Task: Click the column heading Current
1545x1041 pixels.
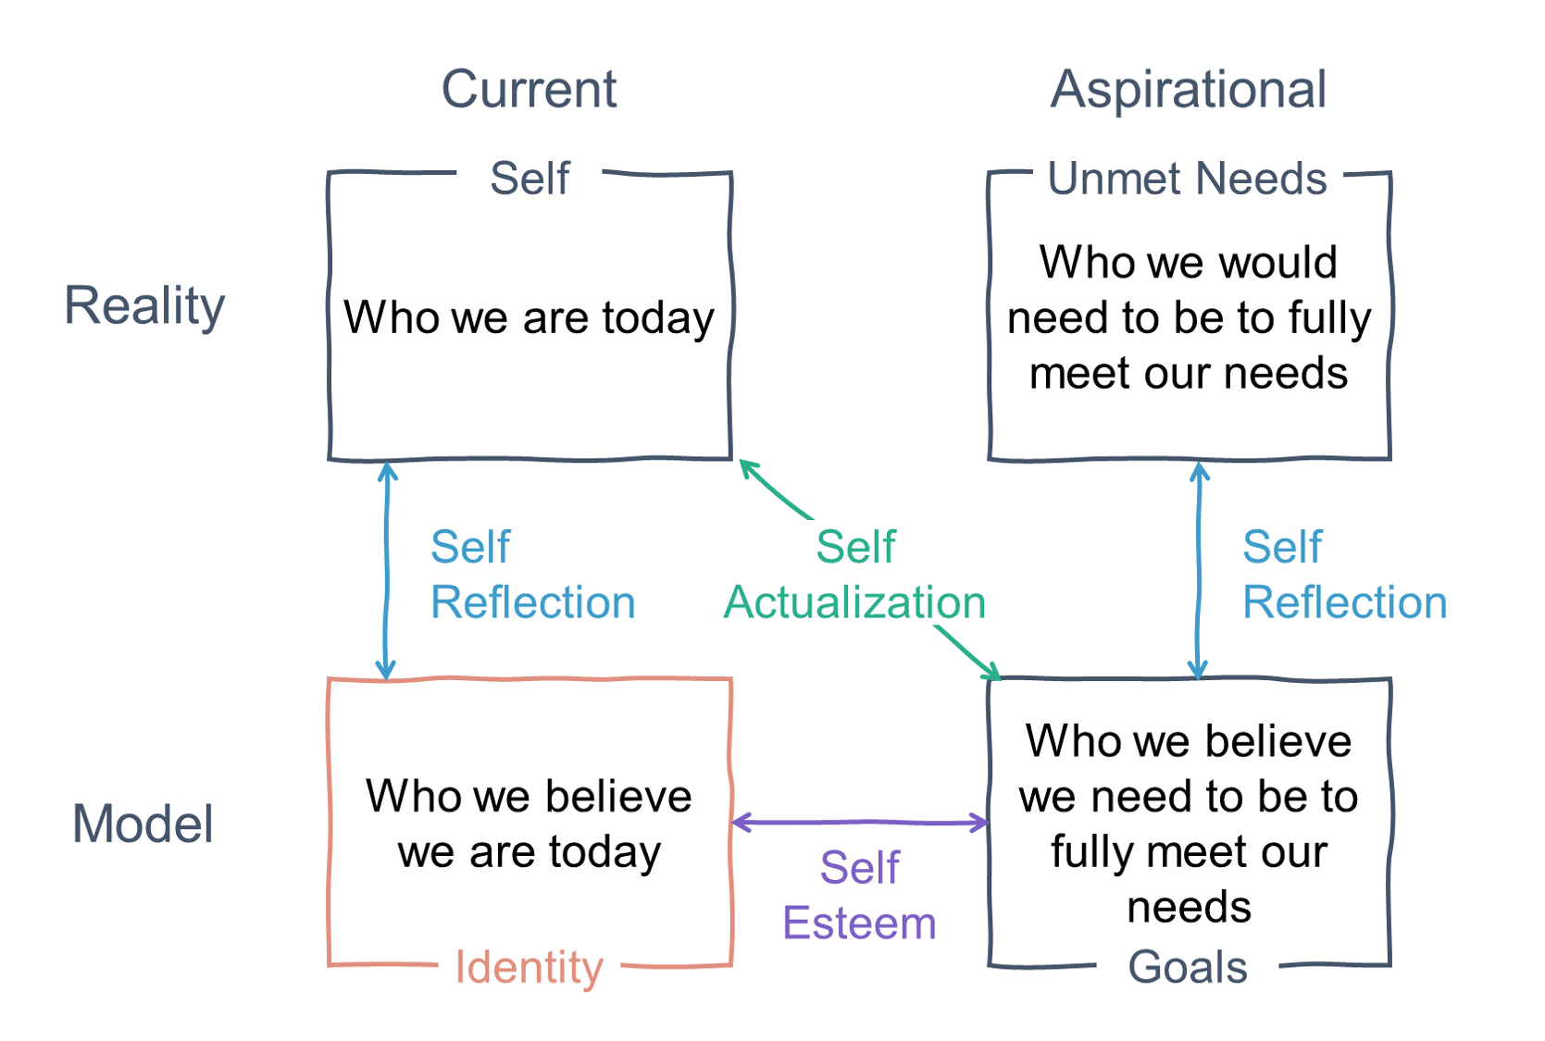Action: (x=529, y=90)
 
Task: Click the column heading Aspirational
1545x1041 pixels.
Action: (x=1189, y=90)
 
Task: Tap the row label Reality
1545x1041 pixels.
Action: (x=144, y=305)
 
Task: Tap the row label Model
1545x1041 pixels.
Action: (x=143, y=824)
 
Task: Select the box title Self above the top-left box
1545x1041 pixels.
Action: (x=530, y=178)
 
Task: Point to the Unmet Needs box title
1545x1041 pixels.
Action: (x=1187, y=178)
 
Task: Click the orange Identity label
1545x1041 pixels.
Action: (x=529, y=967)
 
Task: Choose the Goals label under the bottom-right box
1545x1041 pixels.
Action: (x=1188, y=967)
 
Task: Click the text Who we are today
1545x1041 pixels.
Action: (x=529, y=317)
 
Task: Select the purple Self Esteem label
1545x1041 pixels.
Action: (x=859, y=896)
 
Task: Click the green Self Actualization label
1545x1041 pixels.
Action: (x=854, y=575)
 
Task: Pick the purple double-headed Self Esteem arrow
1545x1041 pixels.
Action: (x=860, y=822)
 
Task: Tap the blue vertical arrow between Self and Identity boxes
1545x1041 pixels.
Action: (x=387, y=570)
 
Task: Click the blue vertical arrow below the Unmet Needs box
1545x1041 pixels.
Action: (x=1199, y=570)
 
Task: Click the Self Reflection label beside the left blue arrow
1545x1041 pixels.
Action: (x=532, y=575)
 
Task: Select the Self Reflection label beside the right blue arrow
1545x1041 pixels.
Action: (x=1344, y=575)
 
